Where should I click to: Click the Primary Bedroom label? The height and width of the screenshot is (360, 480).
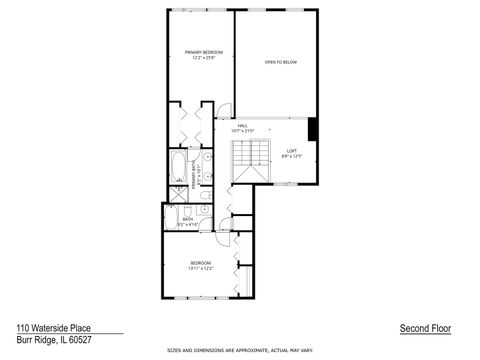tap(203, 52)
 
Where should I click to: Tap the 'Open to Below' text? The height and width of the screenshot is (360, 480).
tap(281, 62)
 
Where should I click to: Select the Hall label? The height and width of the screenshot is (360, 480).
tap(242, 125)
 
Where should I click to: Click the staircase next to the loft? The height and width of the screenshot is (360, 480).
tap(251, 161)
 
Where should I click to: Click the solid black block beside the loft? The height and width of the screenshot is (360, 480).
tap(312, 130)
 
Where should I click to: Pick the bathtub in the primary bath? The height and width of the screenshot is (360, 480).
tap(178, 166)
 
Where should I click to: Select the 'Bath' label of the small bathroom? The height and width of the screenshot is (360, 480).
tap(188, 220)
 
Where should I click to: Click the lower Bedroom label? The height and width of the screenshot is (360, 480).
tap(201, 262)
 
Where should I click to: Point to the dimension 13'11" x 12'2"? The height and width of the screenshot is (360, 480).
tap(201, 268)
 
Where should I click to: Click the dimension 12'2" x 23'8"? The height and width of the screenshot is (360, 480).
tap(203, 58)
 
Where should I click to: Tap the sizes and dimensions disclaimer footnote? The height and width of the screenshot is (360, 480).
tap(240, 351)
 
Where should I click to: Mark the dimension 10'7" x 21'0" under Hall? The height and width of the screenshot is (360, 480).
tap(242, 131)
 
